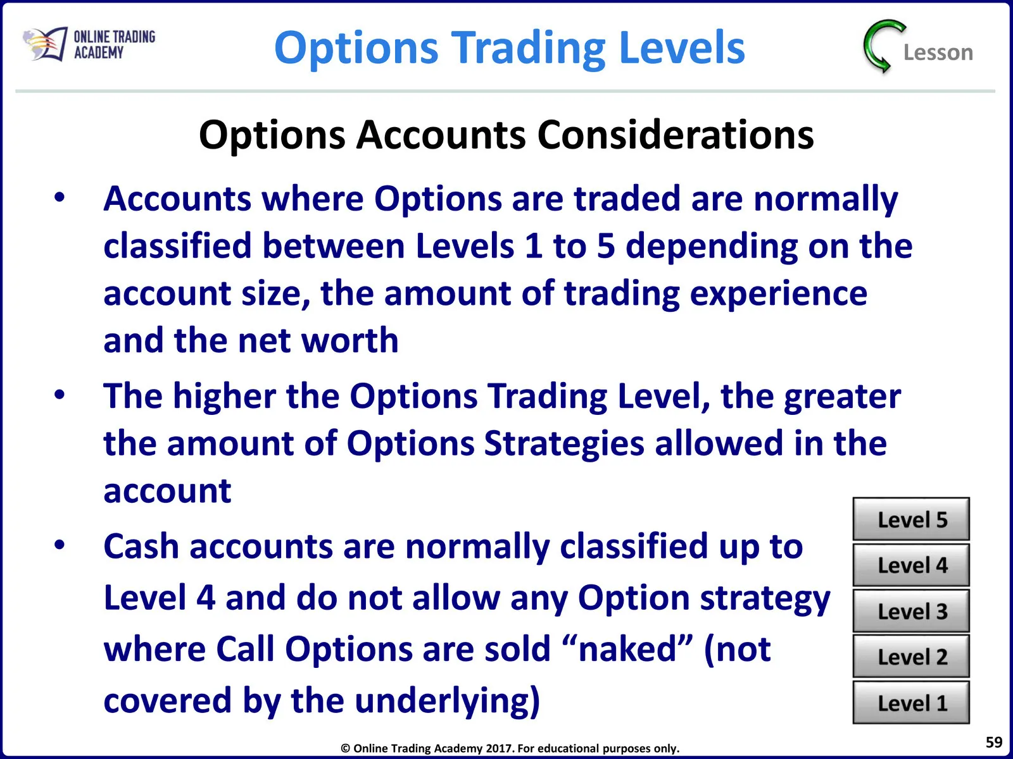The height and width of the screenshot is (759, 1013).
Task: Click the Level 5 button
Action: [910, 519]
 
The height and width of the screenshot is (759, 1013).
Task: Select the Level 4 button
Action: [910, 565]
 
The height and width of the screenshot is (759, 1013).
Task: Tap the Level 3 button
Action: [910, 610]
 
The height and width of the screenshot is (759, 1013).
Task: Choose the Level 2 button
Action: [910, 657]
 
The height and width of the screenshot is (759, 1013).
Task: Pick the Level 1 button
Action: [910, 702]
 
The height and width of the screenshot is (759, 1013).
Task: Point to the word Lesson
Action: [938, 52]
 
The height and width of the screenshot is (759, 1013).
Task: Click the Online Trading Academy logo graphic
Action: [46, 44]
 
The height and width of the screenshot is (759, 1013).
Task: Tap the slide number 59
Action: [994, 742]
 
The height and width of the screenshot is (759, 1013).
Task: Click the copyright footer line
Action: [510, 748]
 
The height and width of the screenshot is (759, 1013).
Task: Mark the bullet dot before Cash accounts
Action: [60, 545]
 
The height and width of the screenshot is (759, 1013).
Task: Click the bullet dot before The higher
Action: [60, 395]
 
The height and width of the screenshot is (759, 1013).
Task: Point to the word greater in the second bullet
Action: [842, 397]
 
